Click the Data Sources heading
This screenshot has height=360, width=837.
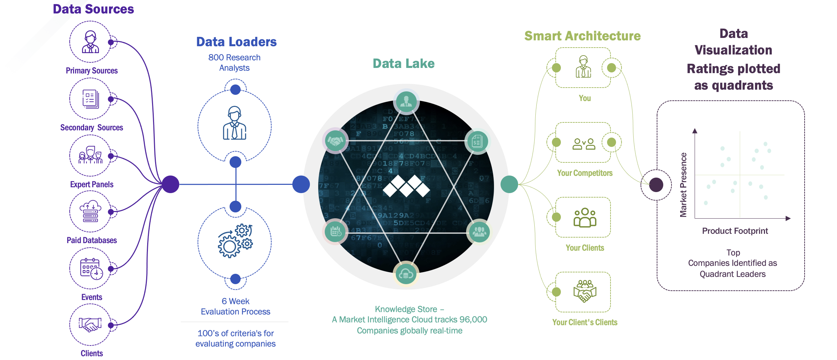tap(93, 9)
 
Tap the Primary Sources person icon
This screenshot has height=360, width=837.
tap(90, 42)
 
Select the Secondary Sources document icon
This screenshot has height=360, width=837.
tap(91, 99)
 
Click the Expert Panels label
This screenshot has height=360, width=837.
tap(92, 184)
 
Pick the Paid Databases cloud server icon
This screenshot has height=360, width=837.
tap(90, 211)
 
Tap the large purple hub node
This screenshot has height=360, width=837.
tap(171, 184)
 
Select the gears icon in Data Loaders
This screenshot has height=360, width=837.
tap(235, 241)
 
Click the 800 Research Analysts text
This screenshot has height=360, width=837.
tap(234, 62)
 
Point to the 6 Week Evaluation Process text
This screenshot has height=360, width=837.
tap(235, 306)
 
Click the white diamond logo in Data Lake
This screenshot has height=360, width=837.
tap(406, 186)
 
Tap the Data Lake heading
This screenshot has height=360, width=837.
tap(404, 63)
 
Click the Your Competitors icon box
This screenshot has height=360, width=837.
tap(583, 142)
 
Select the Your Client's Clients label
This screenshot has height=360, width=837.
tap(585, 322)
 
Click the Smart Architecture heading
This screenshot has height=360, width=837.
tap(582, 36)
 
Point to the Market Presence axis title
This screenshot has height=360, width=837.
tap(683, 185)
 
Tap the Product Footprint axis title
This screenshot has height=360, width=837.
tap(735, 231)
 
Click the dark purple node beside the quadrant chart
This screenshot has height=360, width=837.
tap(656, 185)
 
